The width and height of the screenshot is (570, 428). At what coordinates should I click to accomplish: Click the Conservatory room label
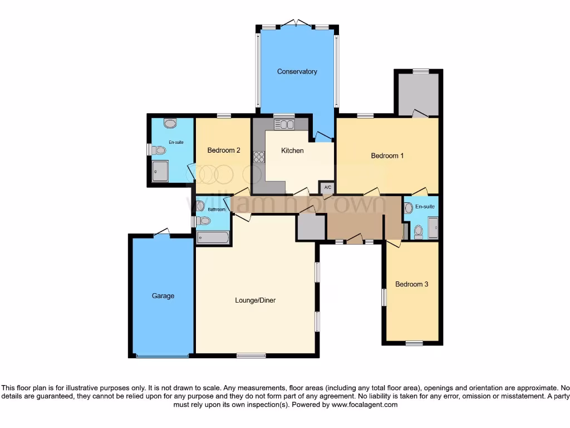click(297, 71)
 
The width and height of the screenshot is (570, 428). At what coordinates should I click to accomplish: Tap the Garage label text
click(163, 296)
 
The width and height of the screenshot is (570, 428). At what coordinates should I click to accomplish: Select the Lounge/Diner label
click(255, 300)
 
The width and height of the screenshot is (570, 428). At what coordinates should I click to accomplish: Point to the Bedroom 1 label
click(387, 155)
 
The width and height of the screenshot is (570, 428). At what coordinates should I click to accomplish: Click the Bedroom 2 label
click(224, 150)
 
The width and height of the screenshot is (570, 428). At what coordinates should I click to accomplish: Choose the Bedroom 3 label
click(411, 284)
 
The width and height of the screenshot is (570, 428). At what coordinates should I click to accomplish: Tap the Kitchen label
click(292, 150)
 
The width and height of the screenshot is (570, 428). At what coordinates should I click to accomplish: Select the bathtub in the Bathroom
click(213, 238)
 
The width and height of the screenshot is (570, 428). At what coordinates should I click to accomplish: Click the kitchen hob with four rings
click(259, 157)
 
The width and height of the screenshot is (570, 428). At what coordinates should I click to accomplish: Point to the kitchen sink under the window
click(284, 124)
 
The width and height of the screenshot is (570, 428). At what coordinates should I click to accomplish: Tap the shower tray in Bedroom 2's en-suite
click(160, 171)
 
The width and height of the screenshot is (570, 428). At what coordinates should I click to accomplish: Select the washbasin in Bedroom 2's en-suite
click(170, 123)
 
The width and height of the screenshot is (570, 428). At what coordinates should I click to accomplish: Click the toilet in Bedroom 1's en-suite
click(419, 231)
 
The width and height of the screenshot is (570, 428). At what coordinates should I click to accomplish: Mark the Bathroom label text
click(217, 210)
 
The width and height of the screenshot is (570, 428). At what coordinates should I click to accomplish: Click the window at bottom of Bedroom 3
click(414, 343)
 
